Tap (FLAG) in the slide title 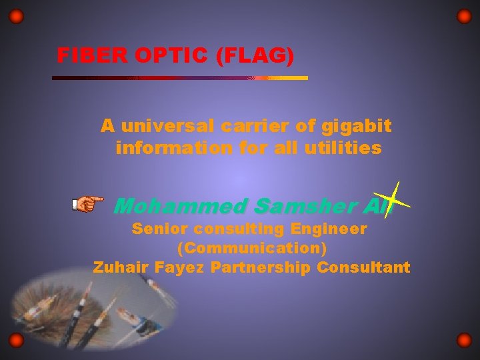click(255, 55)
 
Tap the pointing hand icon click(88, 203)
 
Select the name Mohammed click(180, 207)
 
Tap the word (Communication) click(252, 249)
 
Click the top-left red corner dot click(17, 16)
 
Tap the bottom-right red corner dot click(464, 341)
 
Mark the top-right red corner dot click(464, 16)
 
